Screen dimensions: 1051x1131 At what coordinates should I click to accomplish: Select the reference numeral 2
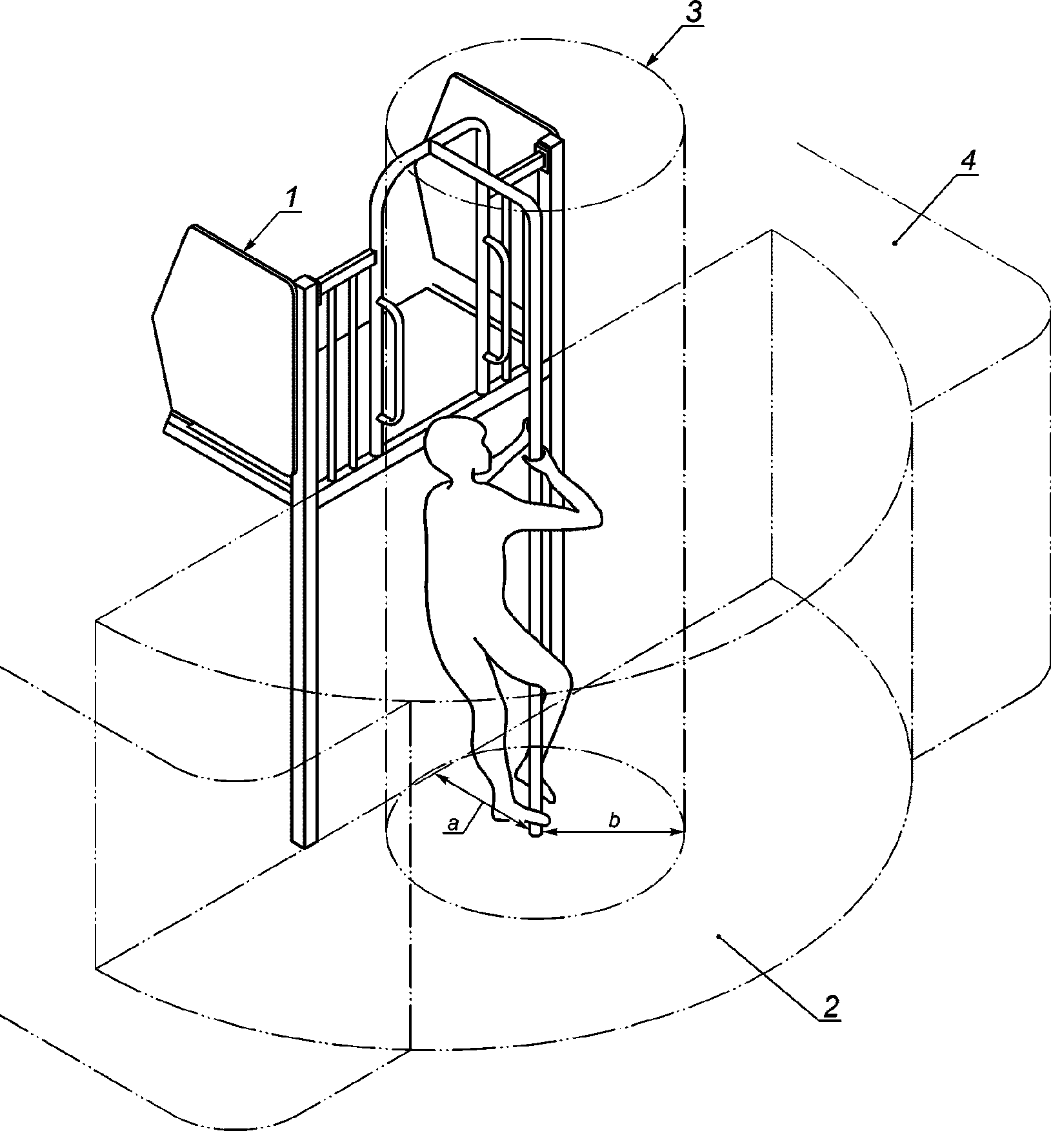pos(830,1005)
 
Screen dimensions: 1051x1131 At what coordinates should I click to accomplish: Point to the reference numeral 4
pos(968,161)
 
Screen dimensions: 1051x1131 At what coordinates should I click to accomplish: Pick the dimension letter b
pos(614,821)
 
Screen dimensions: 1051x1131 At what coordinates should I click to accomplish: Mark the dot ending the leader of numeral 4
pos(895,243)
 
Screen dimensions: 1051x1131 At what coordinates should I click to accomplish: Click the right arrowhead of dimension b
pos(677,832)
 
